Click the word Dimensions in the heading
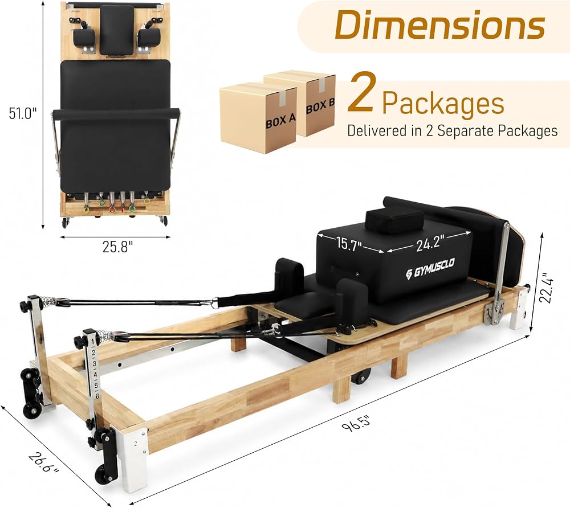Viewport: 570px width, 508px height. [x=439, y=24]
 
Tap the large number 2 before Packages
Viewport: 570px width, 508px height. [x=360, y=93]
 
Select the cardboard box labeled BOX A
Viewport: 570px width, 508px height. [x=258, y=118]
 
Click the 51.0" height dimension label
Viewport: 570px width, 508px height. [x=23, y=113]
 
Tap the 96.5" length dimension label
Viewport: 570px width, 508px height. [x=357, y=424]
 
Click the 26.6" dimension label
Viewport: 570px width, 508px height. [x=44, y=462]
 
